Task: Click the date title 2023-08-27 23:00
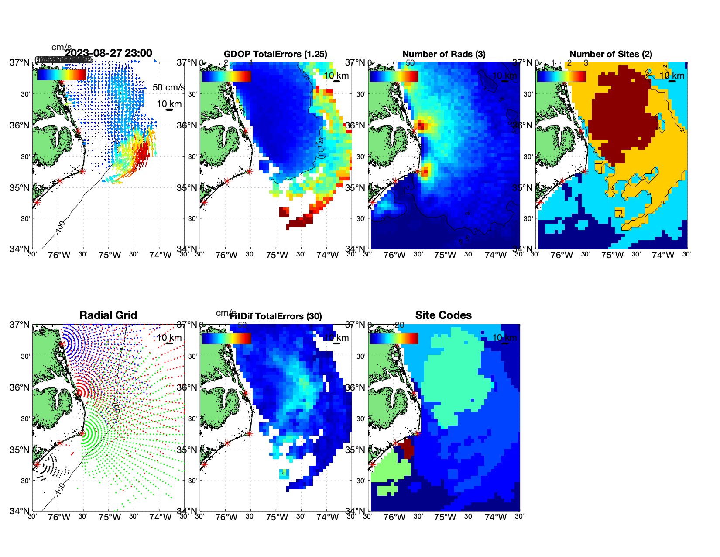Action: [109, 53]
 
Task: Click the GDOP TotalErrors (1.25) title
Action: [275, 54]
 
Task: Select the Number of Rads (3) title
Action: [444, 54]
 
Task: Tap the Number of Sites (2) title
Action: [610, 54]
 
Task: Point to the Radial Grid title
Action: [108, 315]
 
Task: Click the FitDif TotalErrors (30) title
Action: [276, 316]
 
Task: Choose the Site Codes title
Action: [443, 315]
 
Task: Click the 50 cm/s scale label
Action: [168, 87]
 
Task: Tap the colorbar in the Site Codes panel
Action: [394, 339]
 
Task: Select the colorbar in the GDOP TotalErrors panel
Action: [226, 76]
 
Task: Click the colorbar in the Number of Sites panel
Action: [561, 76]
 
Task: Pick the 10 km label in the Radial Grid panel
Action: [169, 338]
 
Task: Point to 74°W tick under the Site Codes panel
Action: [496, 517]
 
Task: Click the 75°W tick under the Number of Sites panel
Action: [612, 255]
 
